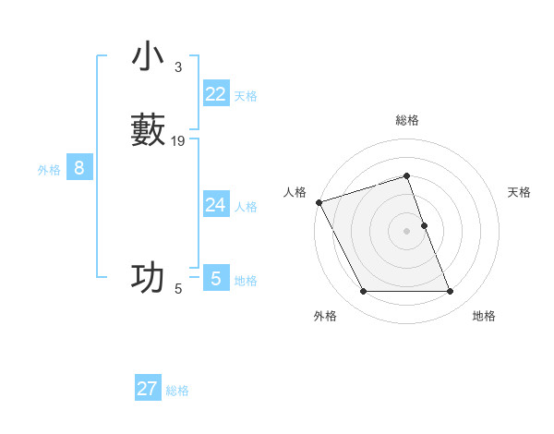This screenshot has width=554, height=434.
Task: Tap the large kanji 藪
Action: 148,129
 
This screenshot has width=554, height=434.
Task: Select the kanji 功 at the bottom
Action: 148,277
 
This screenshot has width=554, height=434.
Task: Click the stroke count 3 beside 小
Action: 177,67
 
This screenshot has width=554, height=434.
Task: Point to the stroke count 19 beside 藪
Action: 178,141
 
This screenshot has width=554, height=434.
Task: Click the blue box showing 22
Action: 216,94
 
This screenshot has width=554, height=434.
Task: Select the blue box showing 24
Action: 216,205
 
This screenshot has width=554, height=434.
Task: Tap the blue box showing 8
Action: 79,168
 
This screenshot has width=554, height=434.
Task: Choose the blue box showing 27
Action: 148,389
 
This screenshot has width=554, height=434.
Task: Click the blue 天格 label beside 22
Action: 246,96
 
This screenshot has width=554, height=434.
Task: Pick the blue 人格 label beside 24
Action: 246,207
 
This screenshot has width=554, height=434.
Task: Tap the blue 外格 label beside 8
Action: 49,170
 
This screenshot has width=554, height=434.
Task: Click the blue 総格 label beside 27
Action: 177,391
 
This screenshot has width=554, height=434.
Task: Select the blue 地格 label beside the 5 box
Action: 246,281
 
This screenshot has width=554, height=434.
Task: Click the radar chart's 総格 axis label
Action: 407,120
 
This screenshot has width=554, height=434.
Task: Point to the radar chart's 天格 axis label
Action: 520,192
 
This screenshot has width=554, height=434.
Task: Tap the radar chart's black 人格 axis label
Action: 295,192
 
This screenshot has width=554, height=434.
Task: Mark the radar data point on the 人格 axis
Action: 319,202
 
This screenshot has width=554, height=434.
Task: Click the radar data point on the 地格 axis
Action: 450,292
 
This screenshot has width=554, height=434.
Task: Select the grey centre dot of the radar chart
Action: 407,231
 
